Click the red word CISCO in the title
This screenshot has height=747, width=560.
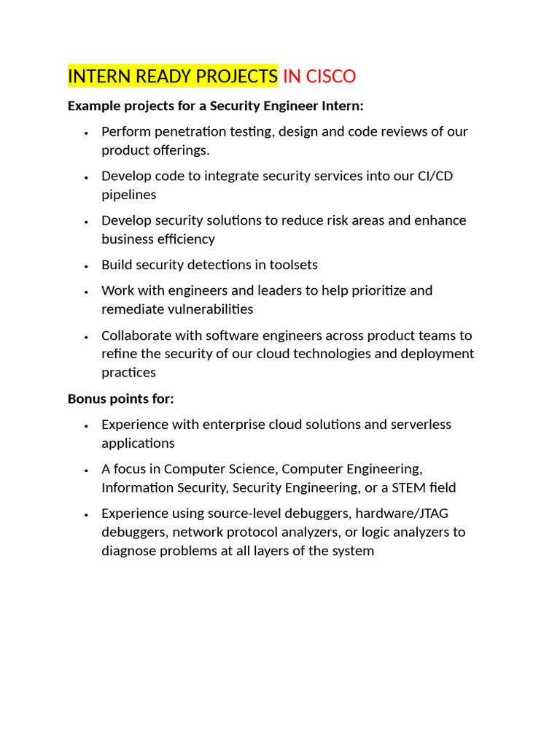tap(328, 76)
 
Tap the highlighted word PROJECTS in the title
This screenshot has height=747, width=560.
tap(241, 76)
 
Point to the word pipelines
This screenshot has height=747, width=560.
tap(128, 195)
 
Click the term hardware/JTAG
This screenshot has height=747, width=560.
tap(402, 514)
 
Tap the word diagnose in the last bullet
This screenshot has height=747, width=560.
tap(129, 551)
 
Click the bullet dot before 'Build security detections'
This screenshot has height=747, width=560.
tap(86, 266)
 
